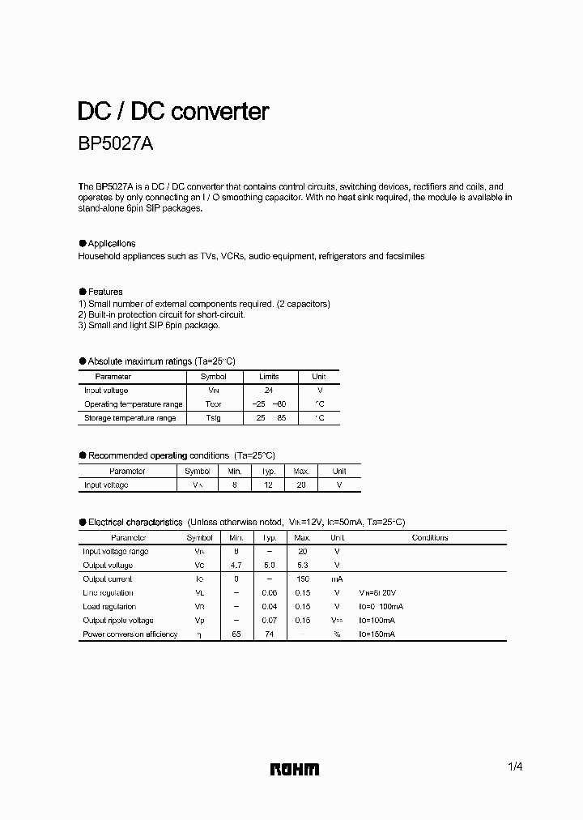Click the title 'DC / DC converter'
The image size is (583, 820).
(x=172, y=111)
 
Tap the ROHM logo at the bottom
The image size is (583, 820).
(x=295, y=769)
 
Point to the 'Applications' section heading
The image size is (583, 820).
(x=111, y=243)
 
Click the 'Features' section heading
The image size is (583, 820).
(x=105, y=292)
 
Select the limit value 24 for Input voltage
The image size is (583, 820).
(x=269, y=391)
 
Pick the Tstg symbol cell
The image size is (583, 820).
(x=213, y=418)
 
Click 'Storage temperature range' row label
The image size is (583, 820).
(x=130, y=418)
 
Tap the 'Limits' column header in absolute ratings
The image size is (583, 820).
(x=269, y=377)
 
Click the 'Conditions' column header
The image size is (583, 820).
(x=429, y=537)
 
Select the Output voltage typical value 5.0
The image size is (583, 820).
(x=270, y=566)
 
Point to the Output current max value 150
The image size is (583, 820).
(x=303, y=579)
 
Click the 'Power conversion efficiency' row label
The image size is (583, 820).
(x=130, y=634)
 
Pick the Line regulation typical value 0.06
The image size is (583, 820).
(x=270, y=593)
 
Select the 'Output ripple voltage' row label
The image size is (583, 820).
(x=118, y=621)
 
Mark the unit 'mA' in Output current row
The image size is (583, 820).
(x=337, y=579)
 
